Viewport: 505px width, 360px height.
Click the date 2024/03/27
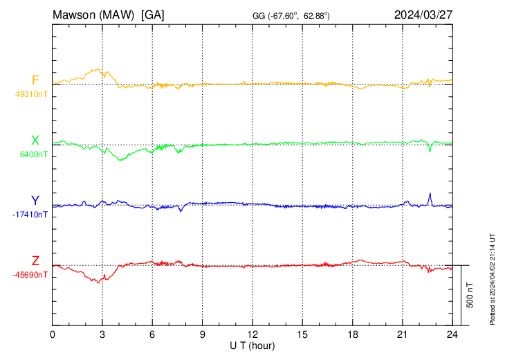click(423, 14)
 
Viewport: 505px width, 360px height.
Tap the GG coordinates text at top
click(291, 15)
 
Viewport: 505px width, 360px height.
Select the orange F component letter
click(35, 80)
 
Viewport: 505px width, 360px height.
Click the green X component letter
click(35, 141)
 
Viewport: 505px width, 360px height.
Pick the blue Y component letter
click(35, 201)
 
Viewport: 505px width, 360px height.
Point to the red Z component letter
click(35, 261)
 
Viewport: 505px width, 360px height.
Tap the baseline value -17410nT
click(30, 215)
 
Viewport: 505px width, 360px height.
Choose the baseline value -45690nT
click(30, 275)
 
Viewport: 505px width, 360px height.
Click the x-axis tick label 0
click(53, 335)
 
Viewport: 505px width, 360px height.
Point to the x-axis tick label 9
click(203, 335)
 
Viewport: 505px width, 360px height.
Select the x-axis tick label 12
click(252, 335)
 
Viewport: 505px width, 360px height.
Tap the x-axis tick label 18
click(352, 335)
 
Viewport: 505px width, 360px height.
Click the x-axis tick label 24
click(452, 335)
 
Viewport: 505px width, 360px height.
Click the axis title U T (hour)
click(252, 345)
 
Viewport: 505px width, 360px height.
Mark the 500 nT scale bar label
click(470, 294)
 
